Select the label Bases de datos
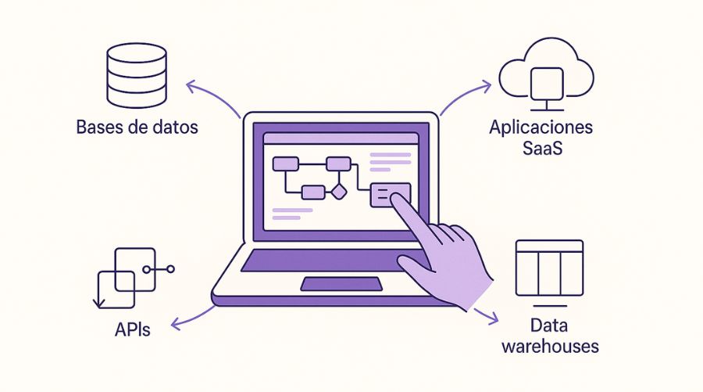click(137, 127)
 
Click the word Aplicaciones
click(541, 127)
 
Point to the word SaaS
click(541, 147)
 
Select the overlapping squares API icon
click(126, 278)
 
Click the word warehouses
click(549, 346)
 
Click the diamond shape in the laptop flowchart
click(338, 191)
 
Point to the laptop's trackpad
click(341, 283)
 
